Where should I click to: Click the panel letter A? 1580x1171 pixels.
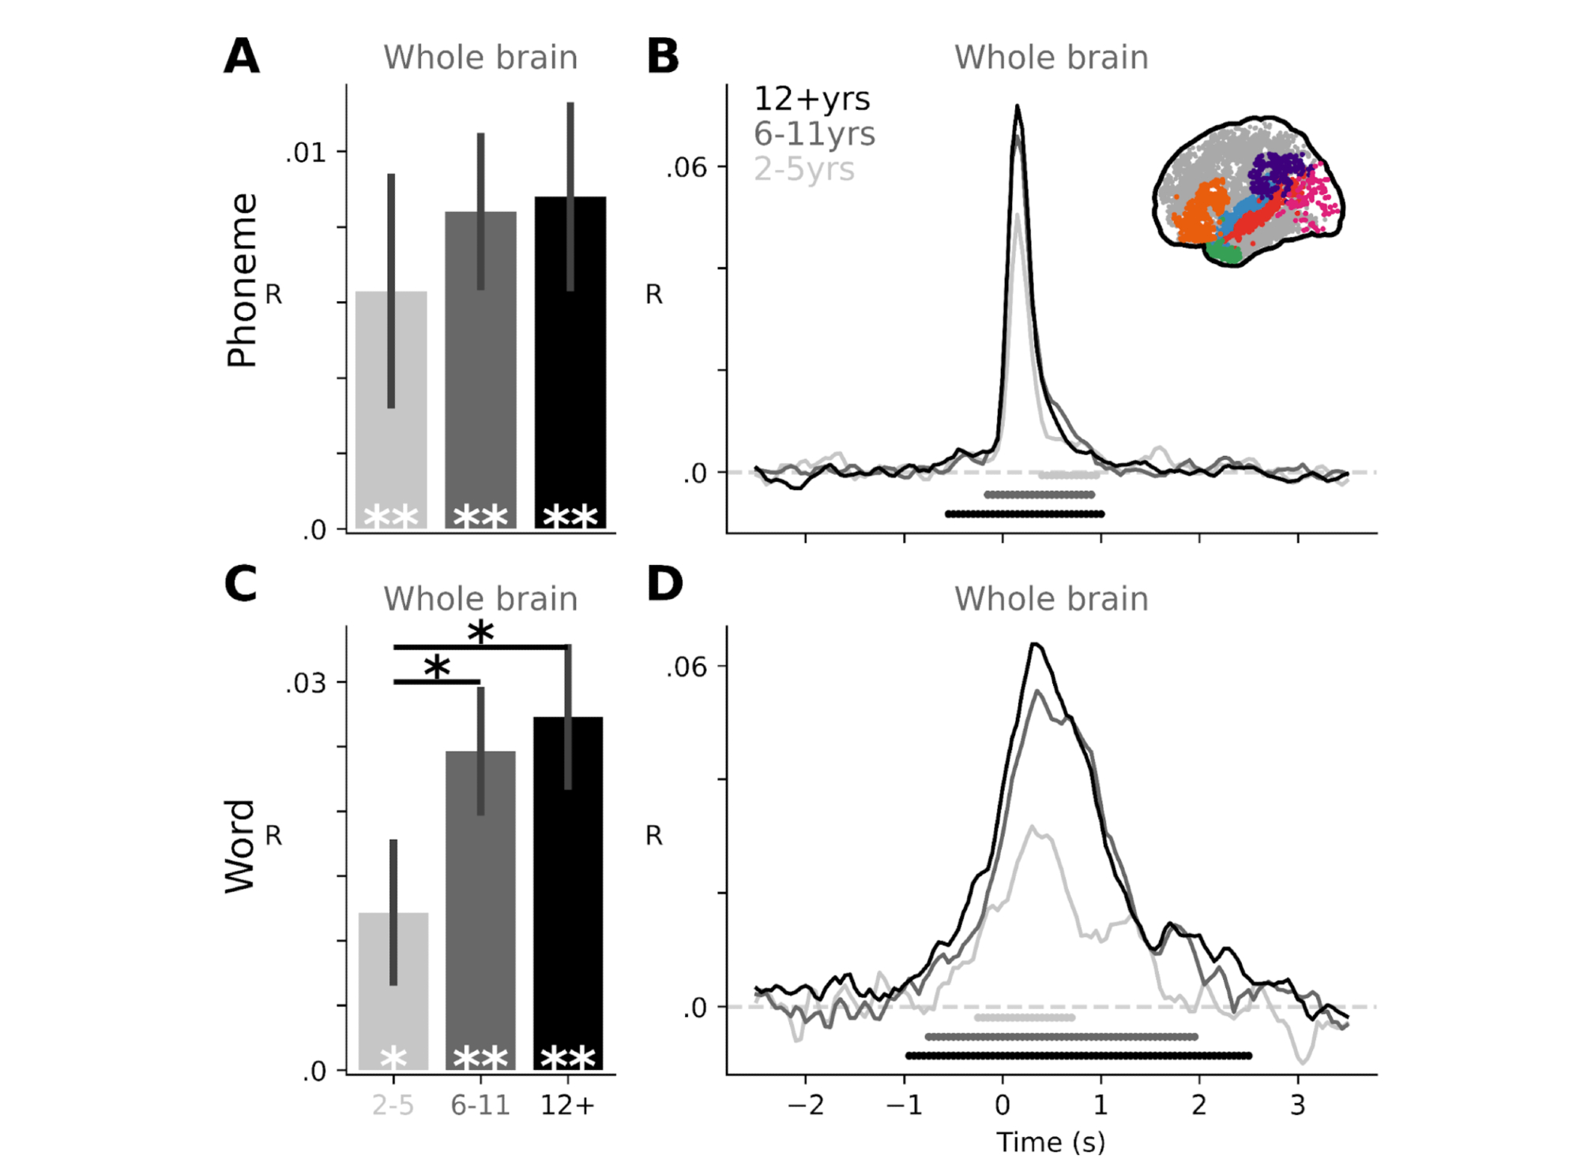click(242, 56)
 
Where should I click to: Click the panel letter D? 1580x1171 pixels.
click(664, 584)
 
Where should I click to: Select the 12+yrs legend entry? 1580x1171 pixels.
click(811, 100)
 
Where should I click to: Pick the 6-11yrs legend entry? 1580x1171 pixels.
click(814, 134)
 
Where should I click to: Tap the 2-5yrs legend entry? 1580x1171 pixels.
click(803, 169)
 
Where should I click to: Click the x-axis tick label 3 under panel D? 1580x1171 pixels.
click(1297, 1105)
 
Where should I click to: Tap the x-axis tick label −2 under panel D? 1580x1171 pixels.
click(805, 1105)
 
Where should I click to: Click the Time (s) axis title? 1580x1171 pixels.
click(1051, 1142)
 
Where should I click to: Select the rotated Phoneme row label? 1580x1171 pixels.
click(242, 281)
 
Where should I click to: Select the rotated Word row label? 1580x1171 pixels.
click(240, 846)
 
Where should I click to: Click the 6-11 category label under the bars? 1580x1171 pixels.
click(480, 1105)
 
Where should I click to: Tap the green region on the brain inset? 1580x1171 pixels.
click(1224, 253)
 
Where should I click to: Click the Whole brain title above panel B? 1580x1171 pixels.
click(1051, 58)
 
